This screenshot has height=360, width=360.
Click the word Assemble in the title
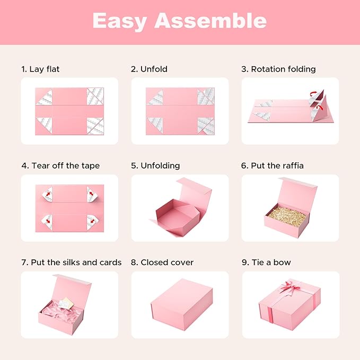[210, 21]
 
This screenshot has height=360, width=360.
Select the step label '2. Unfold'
[149, 69]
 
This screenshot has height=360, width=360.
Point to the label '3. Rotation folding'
[278, 69]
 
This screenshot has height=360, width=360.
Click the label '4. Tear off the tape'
[60, 165]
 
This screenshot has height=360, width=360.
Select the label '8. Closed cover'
[162, 262]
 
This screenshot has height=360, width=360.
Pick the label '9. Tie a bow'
[266, 262]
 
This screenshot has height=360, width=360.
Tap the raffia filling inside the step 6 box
[287, 213]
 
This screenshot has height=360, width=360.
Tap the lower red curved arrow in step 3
[319, 109]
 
